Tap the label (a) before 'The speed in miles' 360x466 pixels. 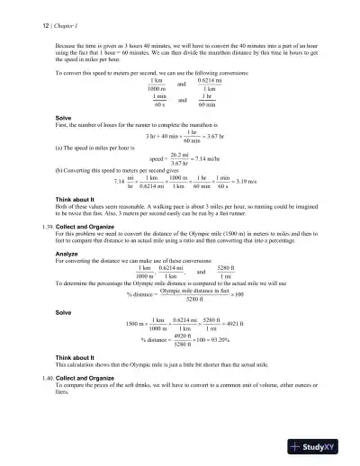click(59, 145)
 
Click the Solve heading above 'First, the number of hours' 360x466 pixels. click(63, 117)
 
